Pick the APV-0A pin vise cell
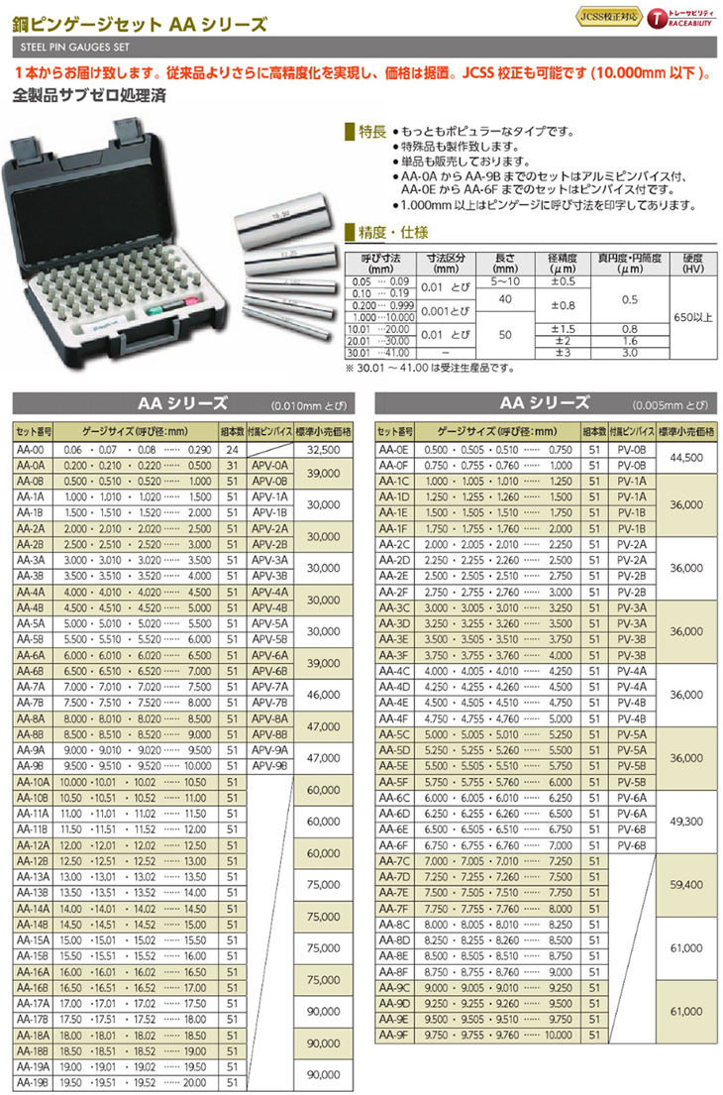click(268, 464)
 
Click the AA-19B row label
click(32, 1084)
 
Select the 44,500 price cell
click(685, 457)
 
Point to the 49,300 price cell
click(685, 821)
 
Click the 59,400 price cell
click(685, 883)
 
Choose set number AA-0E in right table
click(396, 449)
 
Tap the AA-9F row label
click(396, 1036)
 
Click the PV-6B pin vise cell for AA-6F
click(631, 844)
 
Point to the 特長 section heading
click(369, 131)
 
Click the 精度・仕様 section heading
click(378, 234)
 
